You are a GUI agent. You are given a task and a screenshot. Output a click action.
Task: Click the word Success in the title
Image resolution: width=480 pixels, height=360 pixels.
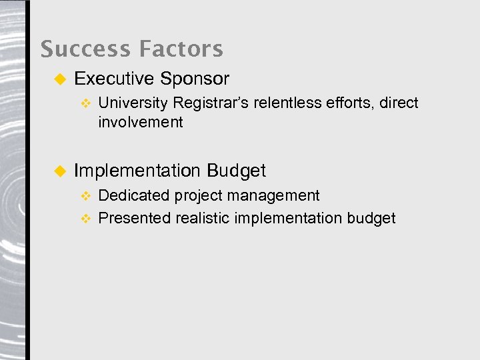pos(85,49)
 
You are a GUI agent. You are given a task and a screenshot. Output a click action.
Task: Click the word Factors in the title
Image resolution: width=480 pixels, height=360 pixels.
pos(181,49)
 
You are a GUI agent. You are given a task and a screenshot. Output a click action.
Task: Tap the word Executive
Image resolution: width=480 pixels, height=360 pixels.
pos(114,79)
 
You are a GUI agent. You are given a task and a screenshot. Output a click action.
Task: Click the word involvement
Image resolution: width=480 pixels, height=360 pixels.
pos(140,122)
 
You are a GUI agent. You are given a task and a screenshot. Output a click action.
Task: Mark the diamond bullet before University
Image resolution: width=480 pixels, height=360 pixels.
pos(85,103)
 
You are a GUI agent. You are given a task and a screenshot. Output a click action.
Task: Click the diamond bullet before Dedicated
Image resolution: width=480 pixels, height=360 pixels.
pos(85,196)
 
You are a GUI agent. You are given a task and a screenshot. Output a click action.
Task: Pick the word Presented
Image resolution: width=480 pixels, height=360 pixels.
pos(135,218)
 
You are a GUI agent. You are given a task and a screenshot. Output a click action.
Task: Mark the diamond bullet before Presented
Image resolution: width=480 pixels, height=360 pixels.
pos(85,219)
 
